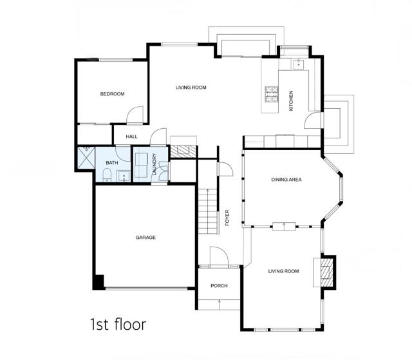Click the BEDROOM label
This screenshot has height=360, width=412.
[x=112, y=94]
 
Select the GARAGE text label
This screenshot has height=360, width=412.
[x=145, y=237]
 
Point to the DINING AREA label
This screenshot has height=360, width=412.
[x=286, y=180]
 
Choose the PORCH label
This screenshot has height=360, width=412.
[x=220, y=286]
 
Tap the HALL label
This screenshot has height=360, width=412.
[x=132, y=137]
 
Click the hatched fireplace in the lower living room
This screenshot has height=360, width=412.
[x=327, y=271]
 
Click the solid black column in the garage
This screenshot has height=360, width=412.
[x=98, y=282]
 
